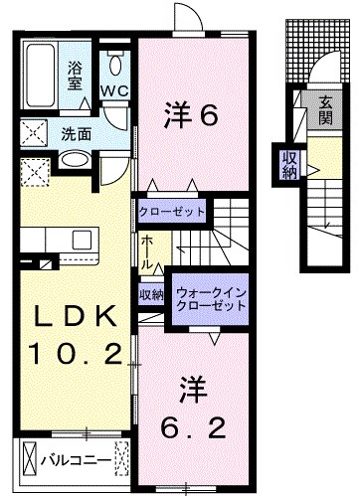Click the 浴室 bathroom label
(x=74, y=77)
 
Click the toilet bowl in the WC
(x=116, y=65)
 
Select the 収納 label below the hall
(x=150, y=295)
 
